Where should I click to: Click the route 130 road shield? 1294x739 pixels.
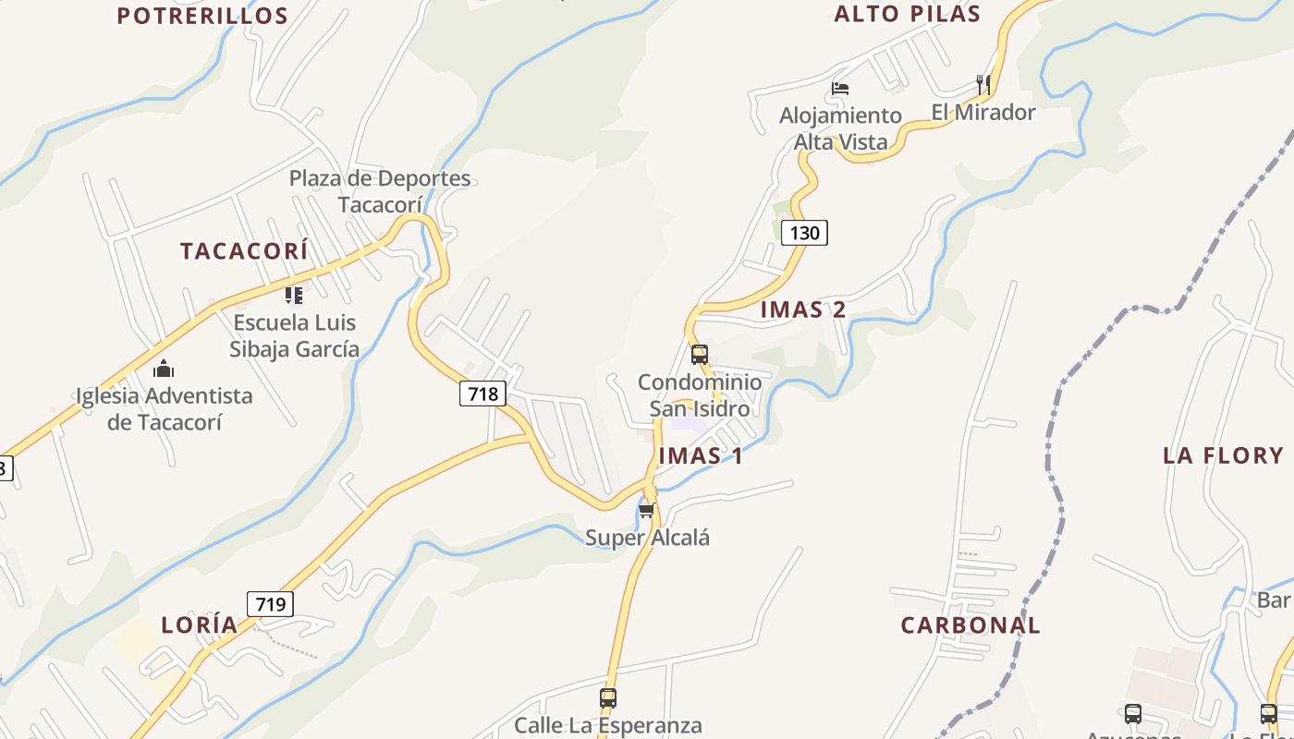pos(804,233)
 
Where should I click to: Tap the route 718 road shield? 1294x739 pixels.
pos(482,394)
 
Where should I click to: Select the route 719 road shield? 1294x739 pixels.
pos(270,604)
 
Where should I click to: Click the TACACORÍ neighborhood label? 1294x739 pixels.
pos(244,251)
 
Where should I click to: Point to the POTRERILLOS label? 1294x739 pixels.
pos(202,16)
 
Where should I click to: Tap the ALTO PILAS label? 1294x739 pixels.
pos(907,14)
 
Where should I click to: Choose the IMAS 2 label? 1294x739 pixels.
pos(802,309)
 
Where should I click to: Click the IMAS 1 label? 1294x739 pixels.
pos(701,455)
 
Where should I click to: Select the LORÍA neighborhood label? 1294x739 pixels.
pos(200,625)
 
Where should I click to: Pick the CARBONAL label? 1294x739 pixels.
pos(970,625)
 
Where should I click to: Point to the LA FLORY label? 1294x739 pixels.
pos(1223,455)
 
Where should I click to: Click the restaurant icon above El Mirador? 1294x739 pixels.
pos(983,85)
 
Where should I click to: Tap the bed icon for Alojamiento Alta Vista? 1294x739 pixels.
pos(840,89)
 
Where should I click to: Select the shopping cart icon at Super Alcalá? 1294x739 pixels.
pos(646,510)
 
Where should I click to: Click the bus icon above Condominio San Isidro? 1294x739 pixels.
pos(700,354)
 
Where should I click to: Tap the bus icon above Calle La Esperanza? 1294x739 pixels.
pos(608,698)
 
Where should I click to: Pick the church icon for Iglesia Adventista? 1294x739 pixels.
pos(165,369)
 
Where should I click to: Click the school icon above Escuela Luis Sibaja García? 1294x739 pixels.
pos(294,296)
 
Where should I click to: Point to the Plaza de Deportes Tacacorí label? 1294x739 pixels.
pos(380,191)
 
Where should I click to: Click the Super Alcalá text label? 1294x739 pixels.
pos(647,538)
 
